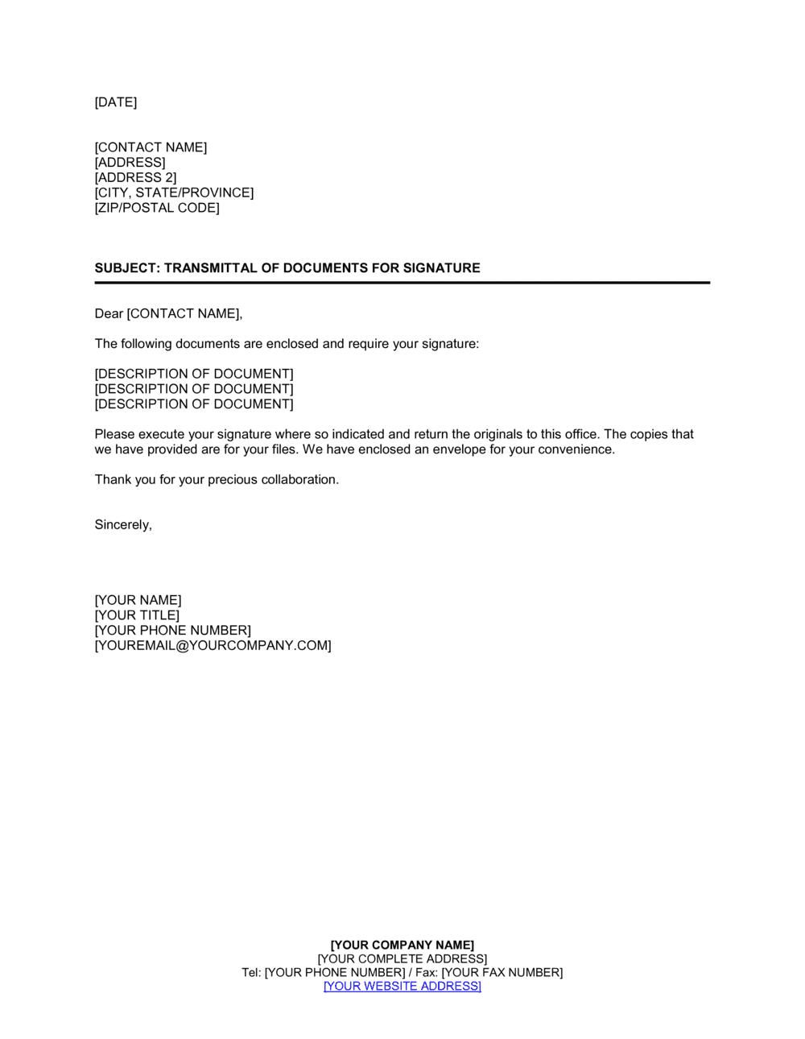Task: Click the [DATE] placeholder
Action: point(116,102)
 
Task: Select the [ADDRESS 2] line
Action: point(135,178)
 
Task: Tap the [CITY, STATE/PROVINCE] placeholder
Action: point(174,193)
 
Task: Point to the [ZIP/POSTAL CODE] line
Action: point(157,208)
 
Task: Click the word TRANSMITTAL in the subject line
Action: point(211,268)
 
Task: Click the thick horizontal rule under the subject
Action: point(402,283)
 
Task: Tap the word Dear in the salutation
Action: point(109,314)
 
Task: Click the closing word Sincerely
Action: point(122,525)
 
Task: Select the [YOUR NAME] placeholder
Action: point(138,601)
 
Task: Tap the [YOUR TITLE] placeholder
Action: point(137,616)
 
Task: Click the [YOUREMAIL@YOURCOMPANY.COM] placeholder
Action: point(213,646)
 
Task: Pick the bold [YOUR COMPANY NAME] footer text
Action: point(402,946)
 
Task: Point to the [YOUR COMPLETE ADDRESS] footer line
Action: point(402,959)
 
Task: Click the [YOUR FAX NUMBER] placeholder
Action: point(502,973)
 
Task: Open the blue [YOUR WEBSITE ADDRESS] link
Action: point(402,987)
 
